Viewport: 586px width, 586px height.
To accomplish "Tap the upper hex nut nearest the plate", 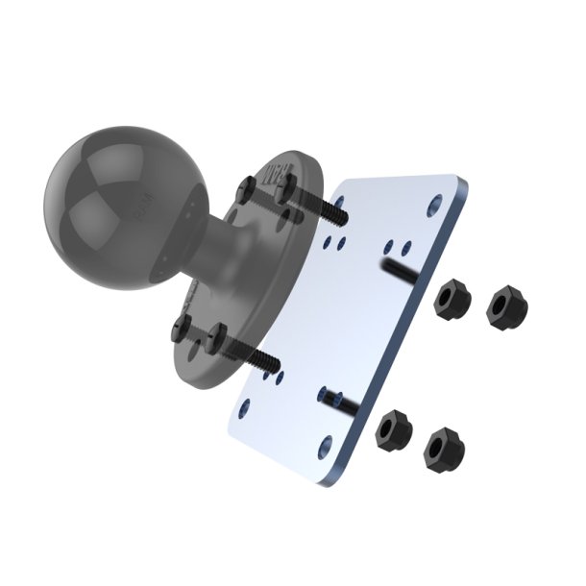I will click(450, 301).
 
